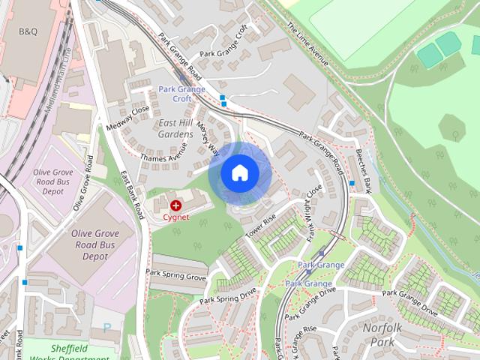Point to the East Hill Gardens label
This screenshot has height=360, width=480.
coord(175,128)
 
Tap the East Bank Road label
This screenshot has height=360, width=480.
coord(132,194)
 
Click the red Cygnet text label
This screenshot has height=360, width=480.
coord(176,217)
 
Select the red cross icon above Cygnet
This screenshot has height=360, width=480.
coord(176,205)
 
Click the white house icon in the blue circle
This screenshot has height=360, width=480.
coord(239,173)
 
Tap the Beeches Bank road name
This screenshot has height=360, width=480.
coord(364,168)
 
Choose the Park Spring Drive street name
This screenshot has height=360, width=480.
coord(228,298)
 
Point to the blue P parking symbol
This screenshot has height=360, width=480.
coord(106,328)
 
